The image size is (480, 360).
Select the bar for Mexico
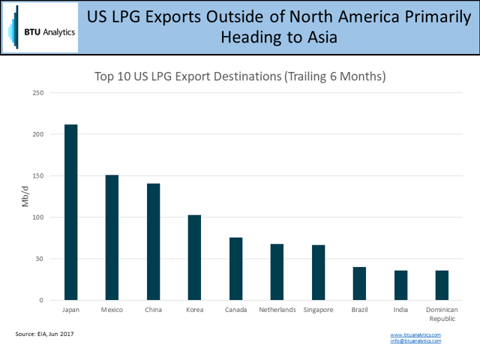[112, 238]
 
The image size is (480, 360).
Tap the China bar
[153, 241]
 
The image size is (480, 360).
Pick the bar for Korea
[194, 257]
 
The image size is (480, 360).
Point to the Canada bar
[235, 268]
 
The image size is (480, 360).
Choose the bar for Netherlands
[277, 271]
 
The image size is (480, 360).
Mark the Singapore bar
[318, 272]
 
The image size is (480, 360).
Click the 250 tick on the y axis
[38, 93]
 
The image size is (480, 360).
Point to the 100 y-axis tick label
[38, 217]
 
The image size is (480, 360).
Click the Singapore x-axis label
[318, 309]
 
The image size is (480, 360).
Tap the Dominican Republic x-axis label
[442, 313]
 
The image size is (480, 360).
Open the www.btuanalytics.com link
[415, 334]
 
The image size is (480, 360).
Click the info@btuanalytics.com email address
[415, 341]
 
